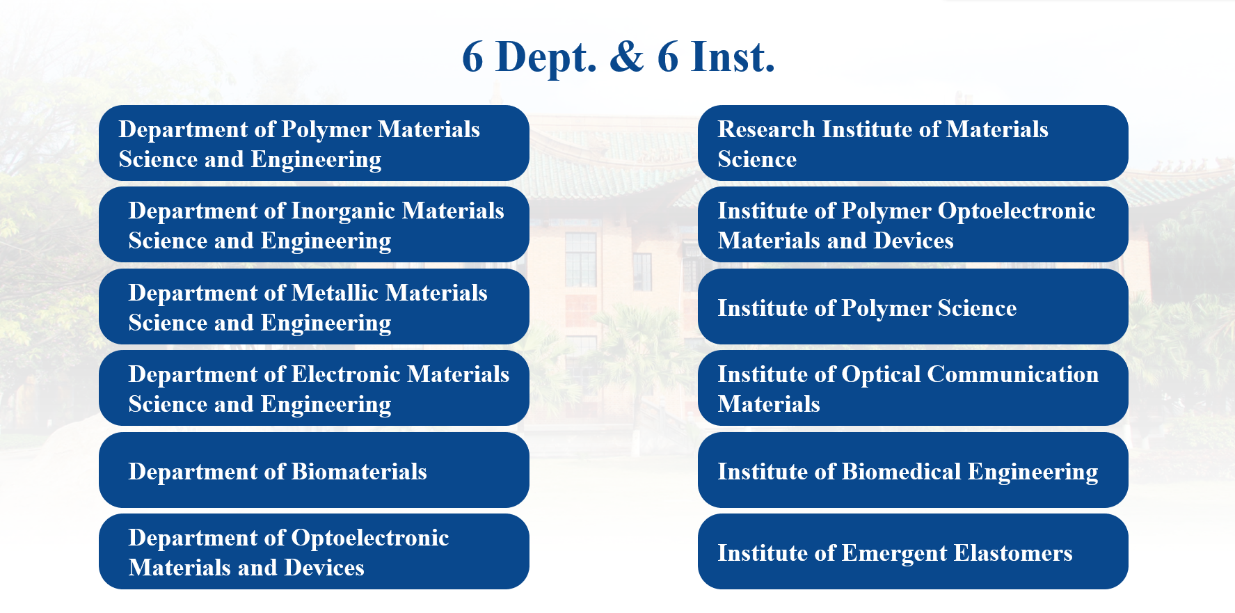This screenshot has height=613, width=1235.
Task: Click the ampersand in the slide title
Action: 627,56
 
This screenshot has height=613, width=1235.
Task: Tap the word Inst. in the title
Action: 733,56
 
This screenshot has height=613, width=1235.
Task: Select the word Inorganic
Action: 343,212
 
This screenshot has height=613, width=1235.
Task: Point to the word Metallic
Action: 335,293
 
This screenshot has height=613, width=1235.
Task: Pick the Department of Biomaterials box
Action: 314,470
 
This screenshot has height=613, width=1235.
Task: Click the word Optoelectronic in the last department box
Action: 370,539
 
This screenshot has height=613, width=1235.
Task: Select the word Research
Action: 766,129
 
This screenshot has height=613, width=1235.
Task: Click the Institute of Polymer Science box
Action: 913,306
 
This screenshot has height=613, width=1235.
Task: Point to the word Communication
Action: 1013,374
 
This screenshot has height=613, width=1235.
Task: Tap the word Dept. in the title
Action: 546,58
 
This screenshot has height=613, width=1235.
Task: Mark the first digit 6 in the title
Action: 472,57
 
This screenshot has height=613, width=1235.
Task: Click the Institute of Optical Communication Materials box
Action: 913,388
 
